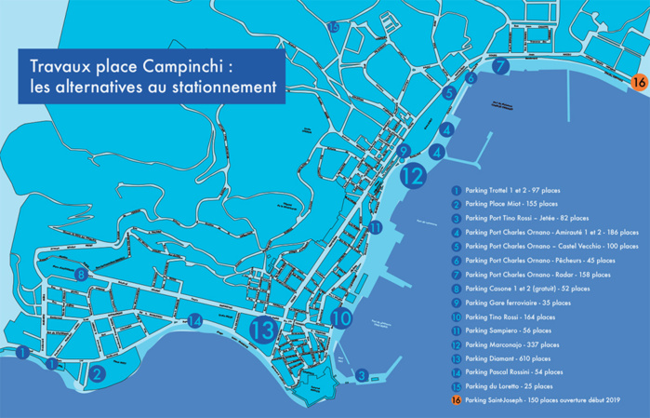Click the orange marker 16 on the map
638,82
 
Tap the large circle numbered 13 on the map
265,329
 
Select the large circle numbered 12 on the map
414,173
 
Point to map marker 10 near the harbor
341,317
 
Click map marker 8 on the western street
82,275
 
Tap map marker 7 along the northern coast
500,67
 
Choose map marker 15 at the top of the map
334,27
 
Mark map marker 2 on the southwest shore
97,373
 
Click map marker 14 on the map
194,321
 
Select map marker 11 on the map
375,227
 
